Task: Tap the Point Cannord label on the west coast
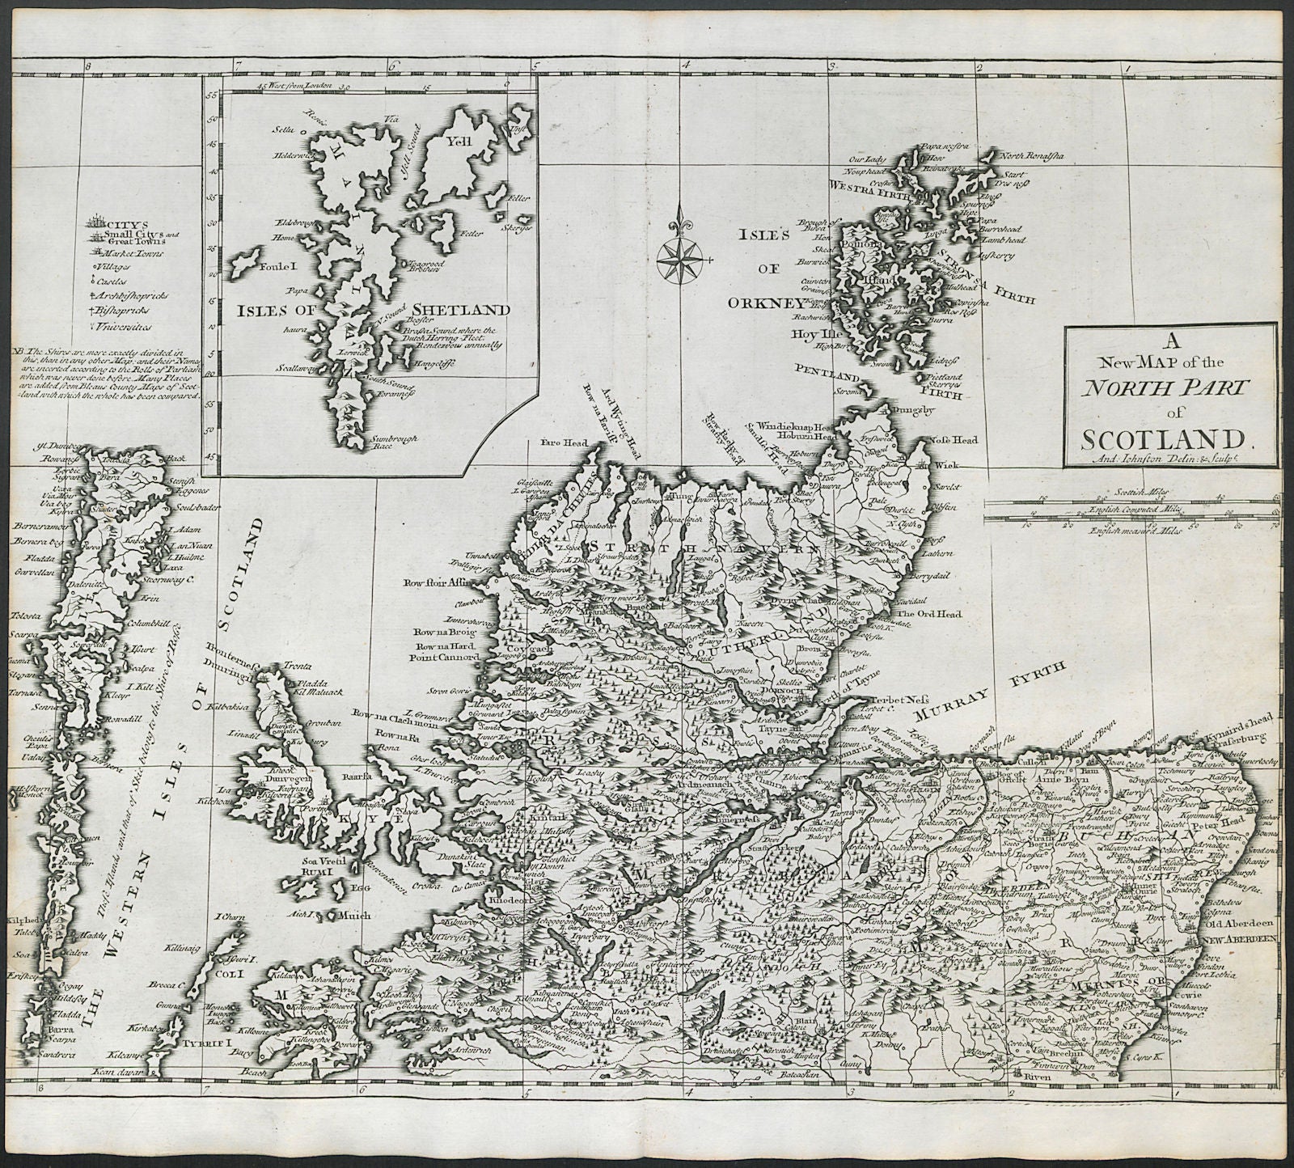tap(446, 657)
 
